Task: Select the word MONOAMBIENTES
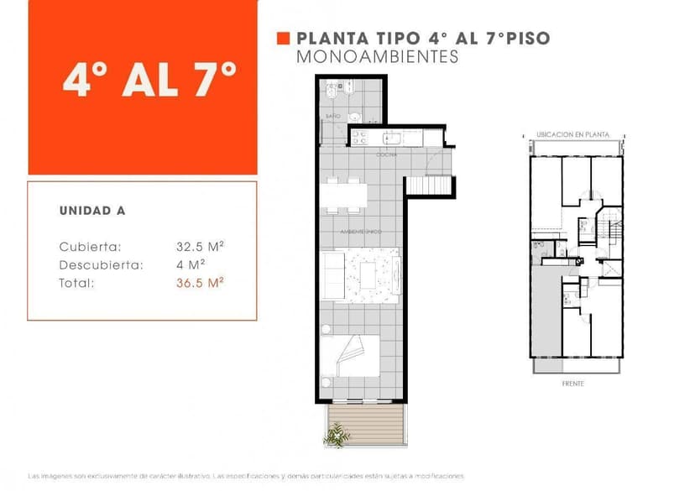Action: tap(378, 57)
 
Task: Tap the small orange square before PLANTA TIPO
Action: tap(283, 39)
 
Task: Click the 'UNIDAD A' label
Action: tap(92, 211)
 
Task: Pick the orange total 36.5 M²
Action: tap(200, 284)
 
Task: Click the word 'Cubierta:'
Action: tap(91, 247)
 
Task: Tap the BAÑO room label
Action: tap(332, 115)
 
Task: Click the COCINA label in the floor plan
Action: tap(386, 155)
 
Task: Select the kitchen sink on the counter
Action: tap(392, 137)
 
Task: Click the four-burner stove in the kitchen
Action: tap(358, 137)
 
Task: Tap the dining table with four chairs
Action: tap(343, 195)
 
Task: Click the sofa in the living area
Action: tap(333, 274)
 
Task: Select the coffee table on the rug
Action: tap(370, 274)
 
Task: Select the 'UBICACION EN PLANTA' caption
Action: tap(573, 134)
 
